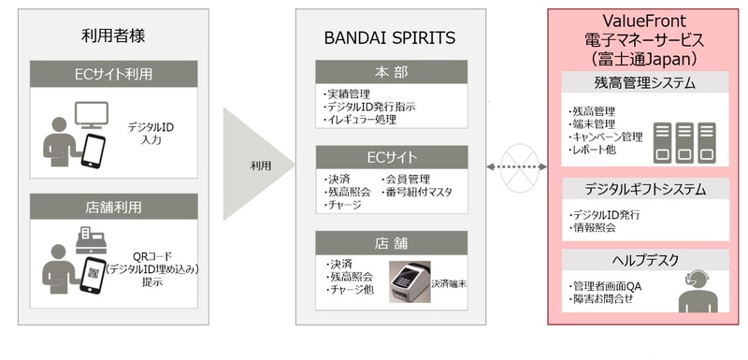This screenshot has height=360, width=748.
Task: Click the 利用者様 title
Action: click(113, 36)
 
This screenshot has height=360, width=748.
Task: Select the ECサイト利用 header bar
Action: click(113, 74)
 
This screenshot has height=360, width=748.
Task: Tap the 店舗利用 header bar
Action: click(113, 207)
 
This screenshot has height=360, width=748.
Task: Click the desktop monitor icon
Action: click(92, 115)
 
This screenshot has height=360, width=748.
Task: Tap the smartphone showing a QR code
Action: click(93, 276)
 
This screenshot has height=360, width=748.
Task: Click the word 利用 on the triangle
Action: click(261, 166)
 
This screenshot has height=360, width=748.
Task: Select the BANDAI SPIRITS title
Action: click(390, 38)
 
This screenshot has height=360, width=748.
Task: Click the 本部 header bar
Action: click(391, 72)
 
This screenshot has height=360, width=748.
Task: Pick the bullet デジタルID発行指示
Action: click(369, 107)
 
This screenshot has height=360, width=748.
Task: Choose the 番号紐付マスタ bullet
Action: click(416, 192)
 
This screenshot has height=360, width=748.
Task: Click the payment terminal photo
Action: click(410, 281)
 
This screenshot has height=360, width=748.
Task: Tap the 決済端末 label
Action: click(449, 283)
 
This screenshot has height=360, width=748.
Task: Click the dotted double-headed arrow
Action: click(517, 166)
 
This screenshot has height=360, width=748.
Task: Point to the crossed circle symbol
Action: click(519, 167)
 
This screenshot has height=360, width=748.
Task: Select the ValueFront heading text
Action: click(644, 21)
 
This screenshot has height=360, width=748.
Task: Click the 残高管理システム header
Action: click(645, 82)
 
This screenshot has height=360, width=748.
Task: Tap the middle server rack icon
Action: click(684, 142)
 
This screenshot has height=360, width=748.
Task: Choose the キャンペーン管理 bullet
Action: click(606, 137)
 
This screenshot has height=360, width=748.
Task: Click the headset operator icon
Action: click(698, 291)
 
